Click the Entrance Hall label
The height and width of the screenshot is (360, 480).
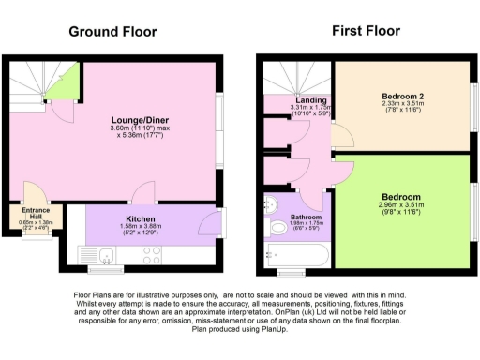(x=37, y=213)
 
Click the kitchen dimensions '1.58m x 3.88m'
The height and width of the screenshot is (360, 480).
(x=141, y=225)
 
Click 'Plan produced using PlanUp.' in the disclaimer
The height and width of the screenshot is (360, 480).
(x=239, y=330)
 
